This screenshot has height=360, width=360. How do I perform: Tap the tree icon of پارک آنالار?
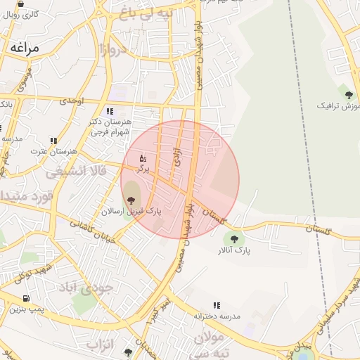(x=234, y=239)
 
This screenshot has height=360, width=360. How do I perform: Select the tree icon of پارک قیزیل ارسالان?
(x=131, y=201)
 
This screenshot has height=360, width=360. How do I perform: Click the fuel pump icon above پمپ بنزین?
(x=27, y=298)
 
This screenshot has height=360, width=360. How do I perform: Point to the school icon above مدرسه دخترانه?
(x=216, y=306)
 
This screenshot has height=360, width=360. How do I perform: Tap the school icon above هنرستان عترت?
(x=53, y=141)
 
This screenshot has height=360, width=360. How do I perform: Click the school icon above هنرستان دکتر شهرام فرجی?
(x=109, y=111)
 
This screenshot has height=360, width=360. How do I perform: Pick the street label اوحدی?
(x=72, y=101)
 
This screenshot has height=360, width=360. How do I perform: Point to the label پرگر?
(x=143, y=169)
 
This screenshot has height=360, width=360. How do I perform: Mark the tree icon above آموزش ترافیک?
(x=346, y=94)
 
